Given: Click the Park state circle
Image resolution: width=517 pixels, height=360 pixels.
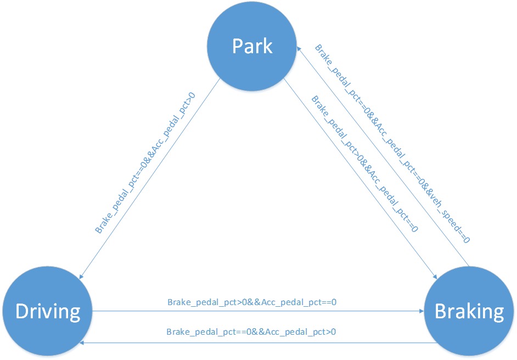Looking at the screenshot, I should coord(252,46).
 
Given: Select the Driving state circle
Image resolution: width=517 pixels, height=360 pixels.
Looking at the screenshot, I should coord(48,311).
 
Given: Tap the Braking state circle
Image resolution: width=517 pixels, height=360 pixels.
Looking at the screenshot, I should coord(469,311).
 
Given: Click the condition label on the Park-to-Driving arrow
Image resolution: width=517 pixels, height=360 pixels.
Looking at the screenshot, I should coord(145,163).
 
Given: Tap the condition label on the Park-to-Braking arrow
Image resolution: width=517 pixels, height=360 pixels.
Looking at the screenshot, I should coord(364,164).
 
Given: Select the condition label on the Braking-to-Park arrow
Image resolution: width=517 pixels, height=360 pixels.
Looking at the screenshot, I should coord(392,144).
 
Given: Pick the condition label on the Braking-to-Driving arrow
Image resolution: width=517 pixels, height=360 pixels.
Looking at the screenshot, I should coord(251,332).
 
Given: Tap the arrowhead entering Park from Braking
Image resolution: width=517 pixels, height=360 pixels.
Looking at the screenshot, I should coord(300,48).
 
